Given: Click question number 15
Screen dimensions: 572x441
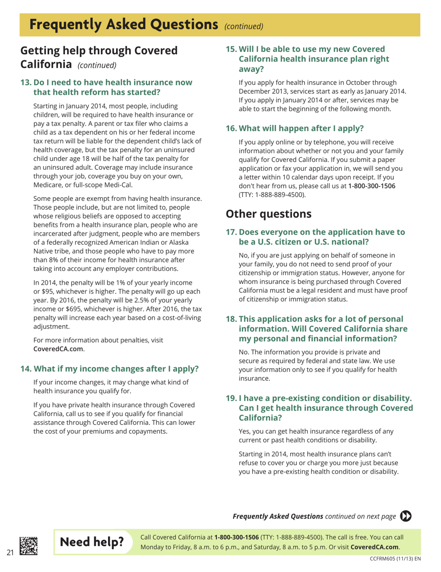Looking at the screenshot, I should pyautogui.click(x=231, y=49).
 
